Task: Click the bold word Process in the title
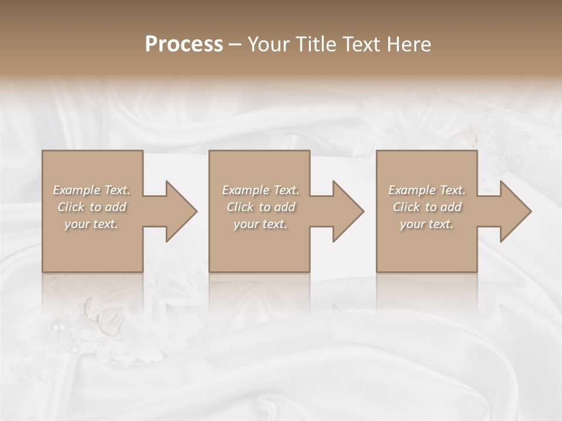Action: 184,44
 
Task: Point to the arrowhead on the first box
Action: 180,211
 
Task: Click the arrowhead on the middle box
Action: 347,211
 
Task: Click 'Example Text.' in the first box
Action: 91,190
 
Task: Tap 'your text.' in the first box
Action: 91,224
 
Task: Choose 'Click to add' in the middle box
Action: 261,207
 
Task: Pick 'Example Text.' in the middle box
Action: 261,190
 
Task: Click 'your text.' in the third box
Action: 427,224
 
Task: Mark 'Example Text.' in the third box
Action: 427,190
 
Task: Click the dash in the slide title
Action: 235,44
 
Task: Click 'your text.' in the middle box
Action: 261,224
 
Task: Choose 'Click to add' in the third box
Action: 427,207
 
